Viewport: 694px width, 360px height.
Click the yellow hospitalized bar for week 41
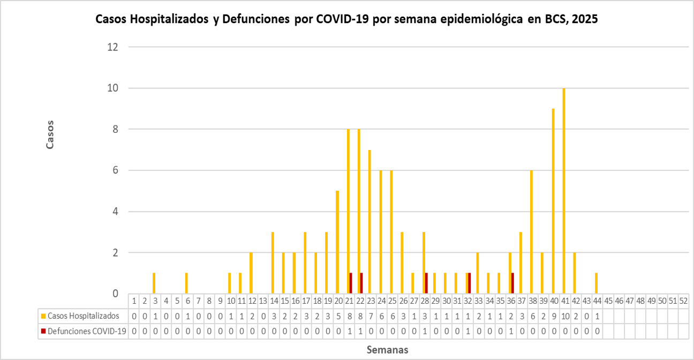564,191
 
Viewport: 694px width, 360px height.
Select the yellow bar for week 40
553,201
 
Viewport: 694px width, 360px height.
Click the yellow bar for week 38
531,232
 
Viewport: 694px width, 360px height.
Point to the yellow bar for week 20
337,242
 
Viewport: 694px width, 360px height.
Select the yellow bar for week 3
154,283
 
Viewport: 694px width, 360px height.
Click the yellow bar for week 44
596,283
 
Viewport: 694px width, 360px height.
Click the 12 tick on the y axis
112,47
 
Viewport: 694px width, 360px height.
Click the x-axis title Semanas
388,350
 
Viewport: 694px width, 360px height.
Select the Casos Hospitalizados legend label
86,316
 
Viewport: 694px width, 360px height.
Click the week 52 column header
683,301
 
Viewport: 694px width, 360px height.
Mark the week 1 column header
134,301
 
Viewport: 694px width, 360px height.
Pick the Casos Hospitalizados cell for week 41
564,316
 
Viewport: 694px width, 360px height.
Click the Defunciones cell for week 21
349,331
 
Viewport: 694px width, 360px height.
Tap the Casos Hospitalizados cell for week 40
554,316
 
